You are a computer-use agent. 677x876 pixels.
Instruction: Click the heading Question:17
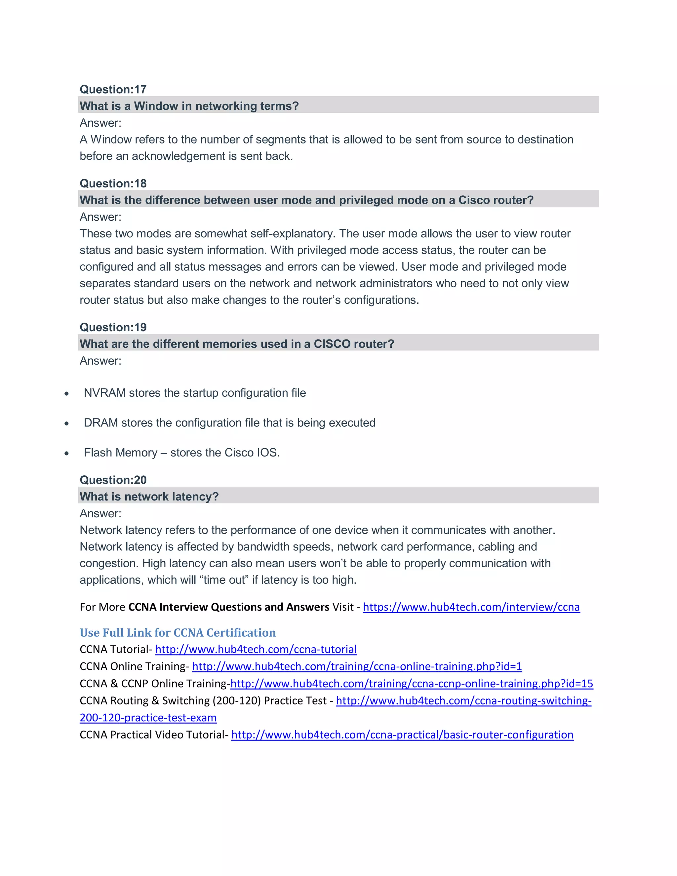pos(113,89)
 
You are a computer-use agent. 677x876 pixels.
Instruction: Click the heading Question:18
pos(113,183)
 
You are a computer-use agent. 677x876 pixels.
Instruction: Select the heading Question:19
pos(113,327)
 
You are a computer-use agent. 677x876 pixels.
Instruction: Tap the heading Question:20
pos(113,480)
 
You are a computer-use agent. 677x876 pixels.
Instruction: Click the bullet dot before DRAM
pos(66,423)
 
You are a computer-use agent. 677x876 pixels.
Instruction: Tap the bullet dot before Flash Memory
pos(66,454)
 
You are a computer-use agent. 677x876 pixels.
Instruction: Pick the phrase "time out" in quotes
pos(224,580)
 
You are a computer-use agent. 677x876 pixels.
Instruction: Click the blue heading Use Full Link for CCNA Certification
pos(178,632)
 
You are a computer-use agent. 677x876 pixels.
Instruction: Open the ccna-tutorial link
pos(256,649)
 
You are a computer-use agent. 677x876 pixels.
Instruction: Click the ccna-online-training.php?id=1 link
pos(357,666)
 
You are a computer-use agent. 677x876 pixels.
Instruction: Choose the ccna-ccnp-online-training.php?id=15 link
pos(411,684)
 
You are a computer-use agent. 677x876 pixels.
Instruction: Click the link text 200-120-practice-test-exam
pos(148,718)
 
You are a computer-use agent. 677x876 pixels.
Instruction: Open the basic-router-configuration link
pos(402,735)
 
